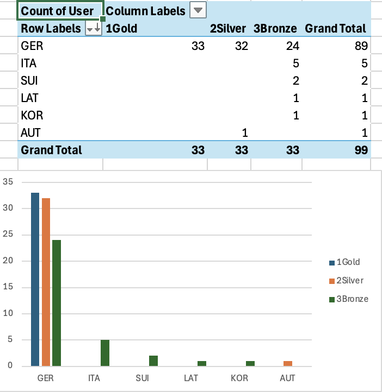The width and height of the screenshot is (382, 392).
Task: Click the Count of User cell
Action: [x=57, y=11]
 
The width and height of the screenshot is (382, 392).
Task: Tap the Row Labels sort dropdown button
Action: [x=94, y=29]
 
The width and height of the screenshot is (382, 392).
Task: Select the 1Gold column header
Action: [x=121, y=29]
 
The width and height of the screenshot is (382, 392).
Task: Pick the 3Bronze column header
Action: [x=275, y=29]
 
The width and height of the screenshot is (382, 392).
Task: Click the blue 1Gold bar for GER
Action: [x=35, y=279]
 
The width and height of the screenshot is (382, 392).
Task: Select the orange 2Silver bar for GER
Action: [x=45, y=282]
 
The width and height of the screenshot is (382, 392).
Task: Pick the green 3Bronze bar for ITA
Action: [x=105, y=353]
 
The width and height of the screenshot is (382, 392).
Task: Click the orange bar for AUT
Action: [x=288, y=363]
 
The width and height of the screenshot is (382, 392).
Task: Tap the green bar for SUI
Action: [x=153, y=361]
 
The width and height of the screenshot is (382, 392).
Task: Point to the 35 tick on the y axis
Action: [x=8, y=182]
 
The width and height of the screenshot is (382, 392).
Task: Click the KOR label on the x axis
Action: [x=239, y=377]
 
